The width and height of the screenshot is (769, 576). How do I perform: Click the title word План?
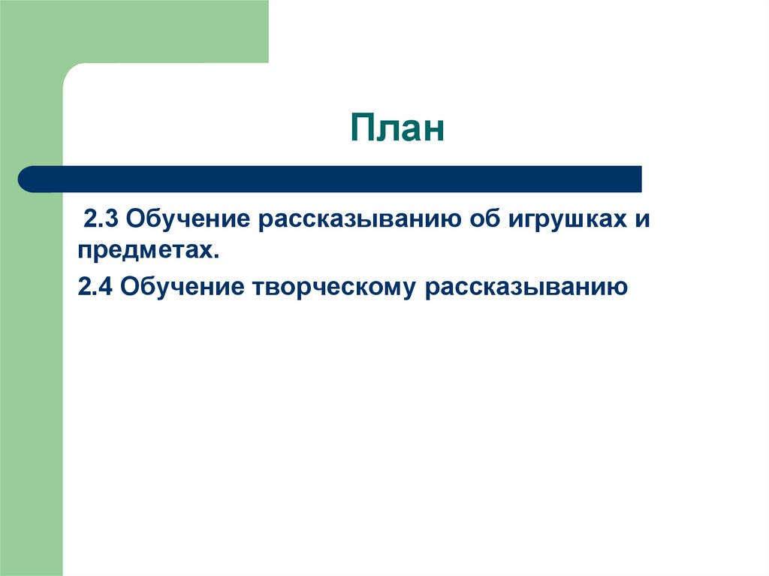click(397, 128)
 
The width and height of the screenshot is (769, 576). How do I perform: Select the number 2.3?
click(101, 219)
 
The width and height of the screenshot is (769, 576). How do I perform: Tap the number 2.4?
click(95, 287)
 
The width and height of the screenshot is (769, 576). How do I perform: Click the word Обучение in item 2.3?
click(188, 219)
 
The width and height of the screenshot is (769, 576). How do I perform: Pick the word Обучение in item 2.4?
click(182, 287)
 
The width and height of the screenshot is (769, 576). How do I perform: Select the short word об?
click(484, 219)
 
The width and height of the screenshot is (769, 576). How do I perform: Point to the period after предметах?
click(216, 256)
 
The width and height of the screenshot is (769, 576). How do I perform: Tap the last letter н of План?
click(432, 131)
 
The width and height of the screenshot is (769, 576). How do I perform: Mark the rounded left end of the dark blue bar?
click(20, 179)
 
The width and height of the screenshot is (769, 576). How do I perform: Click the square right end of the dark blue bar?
click(641, 179)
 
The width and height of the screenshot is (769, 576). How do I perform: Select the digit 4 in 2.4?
click(106, 287)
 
